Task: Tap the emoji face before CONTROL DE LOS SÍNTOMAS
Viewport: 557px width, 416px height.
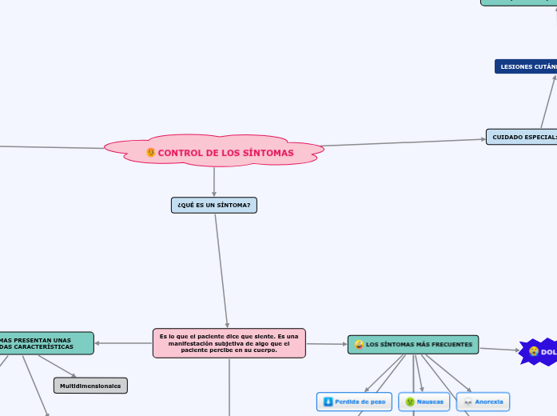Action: (x=151, y=153)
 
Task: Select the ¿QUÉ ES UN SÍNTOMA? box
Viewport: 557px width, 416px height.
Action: (x=214, y=206)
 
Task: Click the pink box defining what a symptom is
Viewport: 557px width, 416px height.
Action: (x=229, y=343)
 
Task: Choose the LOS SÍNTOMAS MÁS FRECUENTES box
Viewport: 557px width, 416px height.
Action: (x=413, y=345)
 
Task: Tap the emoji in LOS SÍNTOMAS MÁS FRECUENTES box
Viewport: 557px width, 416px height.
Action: (x=359, y=345)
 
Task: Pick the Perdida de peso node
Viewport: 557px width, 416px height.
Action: (x=354, y=401)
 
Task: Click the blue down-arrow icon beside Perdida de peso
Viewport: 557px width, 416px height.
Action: (x=328, y=401)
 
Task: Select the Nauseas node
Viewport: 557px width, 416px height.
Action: (x=424, y=401)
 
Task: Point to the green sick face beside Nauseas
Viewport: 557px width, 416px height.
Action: (x=410, y=401)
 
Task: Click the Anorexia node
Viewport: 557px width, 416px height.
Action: (x=483, y=401)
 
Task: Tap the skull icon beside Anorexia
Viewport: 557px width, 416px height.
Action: (x=467, y=401)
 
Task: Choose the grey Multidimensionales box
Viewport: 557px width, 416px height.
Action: (x=90, y=386)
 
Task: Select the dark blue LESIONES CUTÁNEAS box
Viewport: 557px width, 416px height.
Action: (x=527, y=66)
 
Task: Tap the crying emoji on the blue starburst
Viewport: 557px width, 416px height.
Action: (x=533, y=350)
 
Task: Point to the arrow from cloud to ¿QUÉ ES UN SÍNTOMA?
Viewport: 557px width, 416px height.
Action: (x=214, y=182)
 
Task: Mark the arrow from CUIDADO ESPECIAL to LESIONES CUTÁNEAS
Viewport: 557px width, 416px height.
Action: (x=548, y=101)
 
